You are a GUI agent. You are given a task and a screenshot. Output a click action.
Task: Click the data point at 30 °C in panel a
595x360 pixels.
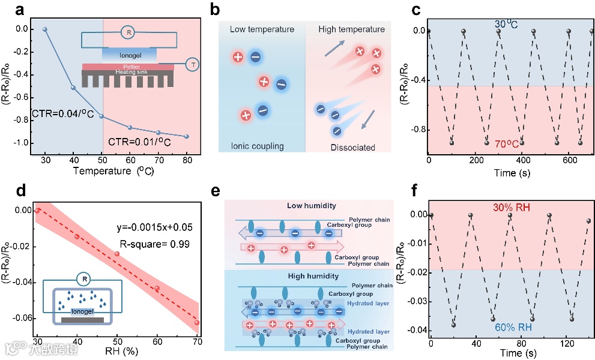tap(44, 29)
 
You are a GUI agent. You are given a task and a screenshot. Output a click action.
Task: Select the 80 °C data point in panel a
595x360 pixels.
tap(187, 137)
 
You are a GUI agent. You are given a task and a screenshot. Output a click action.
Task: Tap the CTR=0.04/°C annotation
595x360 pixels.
tap(54, 114)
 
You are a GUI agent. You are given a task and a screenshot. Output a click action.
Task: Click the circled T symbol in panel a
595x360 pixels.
tap(194, 64)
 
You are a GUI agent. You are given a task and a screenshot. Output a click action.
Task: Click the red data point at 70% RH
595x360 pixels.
tap(197, 323)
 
